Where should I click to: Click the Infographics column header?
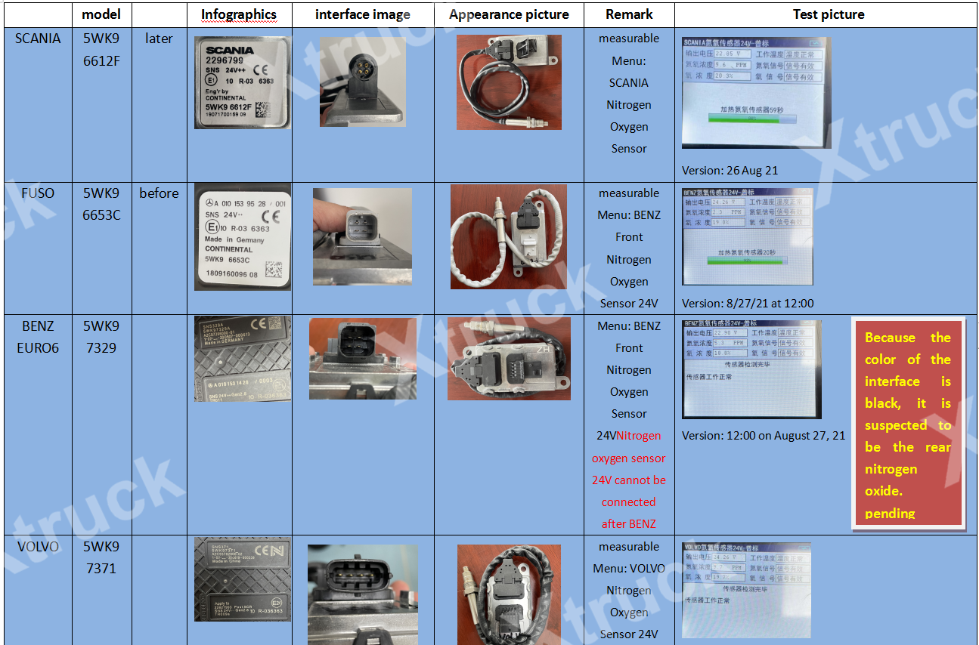click(x=239, y=14)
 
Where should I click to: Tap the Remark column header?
click(x=629, y=14)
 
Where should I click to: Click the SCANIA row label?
click(x=38, y=39)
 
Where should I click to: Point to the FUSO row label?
click(x=38, y=193)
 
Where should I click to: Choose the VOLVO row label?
click(x=38, y=547)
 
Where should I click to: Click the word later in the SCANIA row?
click(x=159, y=39)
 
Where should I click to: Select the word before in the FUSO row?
click(x=159, y=193)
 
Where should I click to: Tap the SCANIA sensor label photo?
click(x=239, y=82)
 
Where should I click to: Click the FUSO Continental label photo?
click(x=242, y=236)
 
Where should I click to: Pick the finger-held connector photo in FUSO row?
click(x=362, y=236)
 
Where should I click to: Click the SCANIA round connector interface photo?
click(x=362, y=82)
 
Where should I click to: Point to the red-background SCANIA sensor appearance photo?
click(x=509, y=82)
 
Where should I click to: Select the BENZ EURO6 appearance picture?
click(x=509, y=358)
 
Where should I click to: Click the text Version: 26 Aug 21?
click(x=730, y=171)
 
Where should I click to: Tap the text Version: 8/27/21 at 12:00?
click(x=747, y=304)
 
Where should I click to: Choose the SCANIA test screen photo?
click(x=755, y=92)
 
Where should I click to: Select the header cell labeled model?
click(x=101, y=14)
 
